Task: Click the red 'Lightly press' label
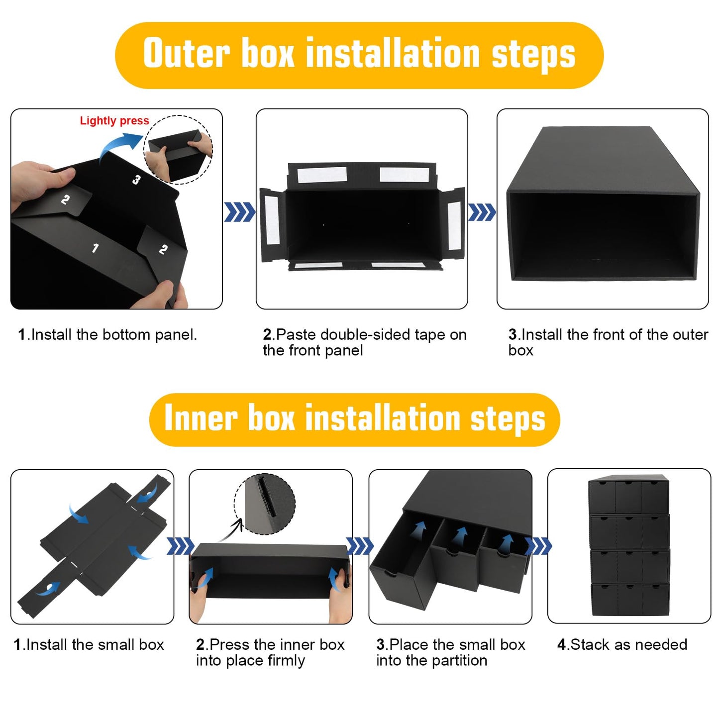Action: point(114,121)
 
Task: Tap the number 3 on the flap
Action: point(136,179)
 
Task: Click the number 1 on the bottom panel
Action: point(95,248)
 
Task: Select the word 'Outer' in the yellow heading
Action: point(187,53)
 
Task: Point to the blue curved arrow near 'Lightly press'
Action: point(119,147)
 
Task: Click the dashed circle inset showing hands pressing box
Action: point(178,149)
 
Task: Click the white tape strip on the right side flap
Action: point(454,225)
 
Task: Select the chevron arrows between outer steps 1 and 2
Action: point(239,212)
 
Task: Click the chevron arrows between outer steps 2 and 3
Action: point(482,212)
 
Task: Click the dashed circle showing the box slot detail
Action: point(265,504)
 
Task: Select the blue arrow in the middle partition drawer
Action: point(461,537)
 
